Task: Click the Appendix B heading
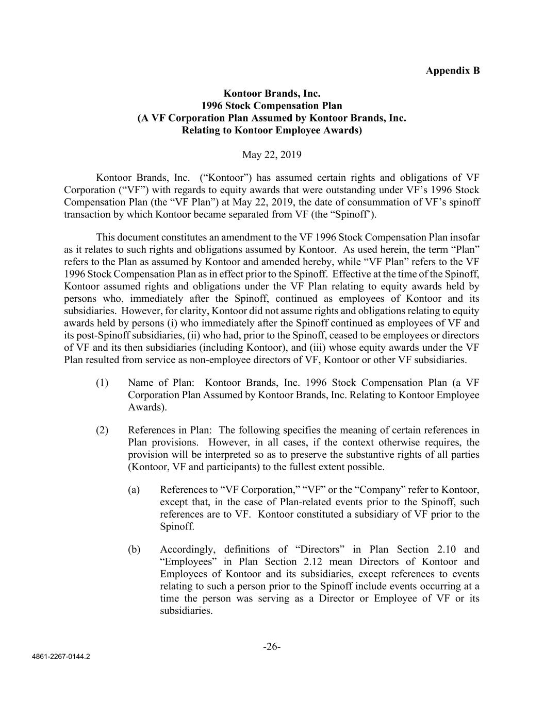click(452, 71)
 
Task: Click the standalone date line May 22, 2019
click(272, 155)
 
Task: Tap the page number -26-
click(272, 647)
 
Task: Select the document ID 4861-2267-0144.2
click(61, 657)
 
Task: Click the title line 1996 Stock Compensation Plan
click(272, 106)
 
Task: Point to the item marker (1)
click(102, 383)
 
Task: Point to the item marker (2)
click(102, 430)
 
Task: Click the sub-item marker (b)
click(134, 550)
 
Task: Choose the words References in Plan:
click(171, 430)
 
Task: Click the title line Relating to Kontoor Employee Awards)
click(272, 130)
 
